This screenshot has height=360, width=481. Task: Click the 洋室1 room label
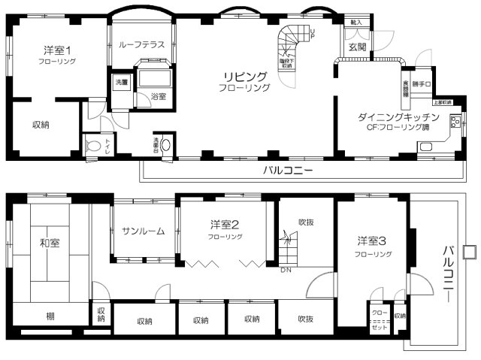pyautogui.click(x=58, y=50)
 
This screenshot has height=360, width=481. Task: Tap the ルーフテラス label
pyautogui.click(x=142, y=45)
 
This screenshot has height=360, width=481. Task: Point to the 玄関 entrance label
pyautogui.click(x=357, y=47)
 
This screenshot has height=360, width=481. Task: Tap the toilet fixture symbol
pyautogui.click(x=94, y=146)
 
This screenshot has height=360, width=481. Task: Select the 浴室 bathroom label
pyautogui.click(x=158, y=96)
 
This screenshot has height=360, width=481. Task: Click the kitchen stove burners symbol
pyautogui.click(x=454, y=123)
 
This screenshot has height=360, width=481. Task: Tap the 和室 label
pyautogui.click(x=50, y=242)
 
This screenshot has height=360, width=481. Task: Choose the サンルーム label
pyautogui.click(x=143, y=231)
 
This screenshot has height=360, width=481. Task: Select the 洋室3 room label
pyautogui.click(x=372, y=241)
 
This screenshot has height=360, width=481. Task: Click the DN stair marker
pyautogui.click(x=286, y=269)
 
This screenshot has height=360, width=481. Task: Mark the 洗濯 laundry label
pyautogui.click(x=121, y=80)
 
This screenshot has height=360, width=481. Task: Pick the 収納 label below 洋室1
pyautogui.click(x=41, y=125)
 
